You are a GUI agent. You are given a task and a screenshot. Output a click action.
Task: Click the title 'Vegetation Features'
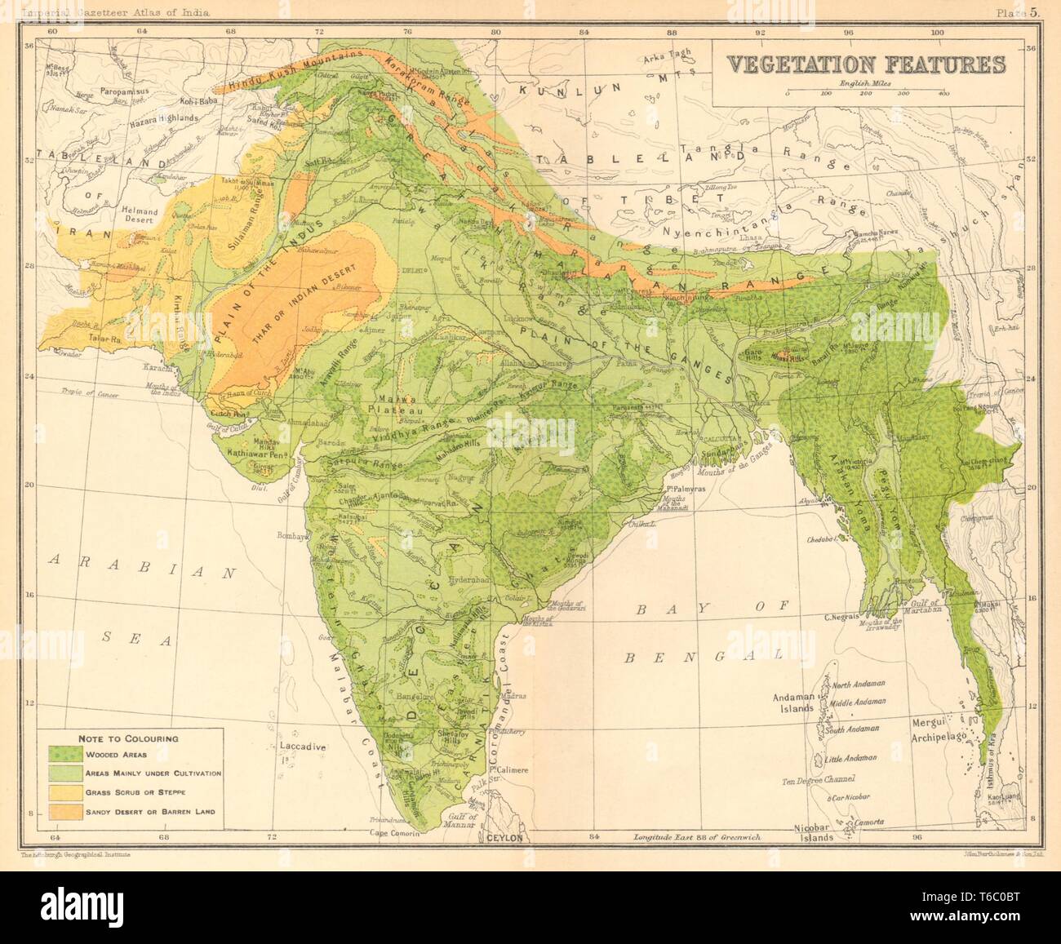[865, 65]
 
